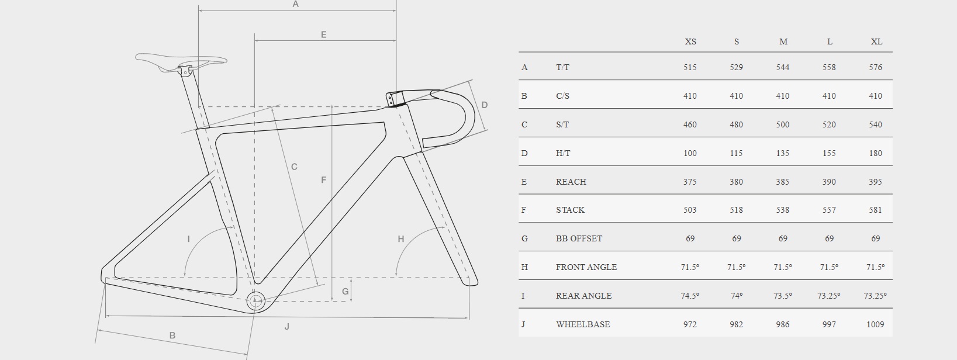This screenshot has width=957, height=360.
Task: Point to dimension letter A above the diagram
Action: click(x=295, y=4)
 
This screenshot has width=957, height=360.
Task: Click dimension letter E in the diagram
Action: click(x=324, y=34)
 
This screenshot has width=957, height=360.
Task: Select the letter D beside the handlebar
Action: click(x=485, y=105)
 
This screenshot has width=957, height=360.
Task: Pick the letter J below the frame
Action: click(x=287, y=327)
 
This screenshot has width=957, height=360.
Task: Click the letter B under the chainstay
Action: click(x=172, y=335)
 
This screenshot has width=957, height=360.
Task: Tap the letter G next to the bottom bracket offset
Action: click(x=345, y=291)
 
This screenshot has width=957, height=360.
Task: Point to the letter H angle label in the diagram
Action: click(x=400, y=239)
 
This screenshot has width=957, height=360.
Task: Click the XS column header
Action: click(x=690, y=41)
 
